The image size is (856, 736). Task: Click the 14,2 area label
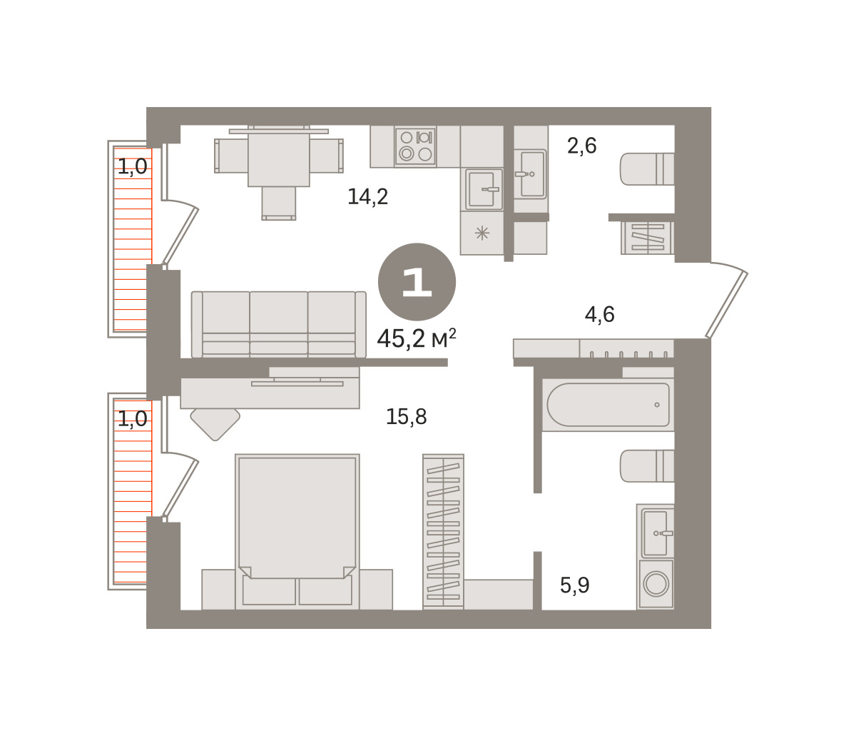368,197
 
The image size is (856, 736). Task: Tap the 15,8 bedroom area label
407,416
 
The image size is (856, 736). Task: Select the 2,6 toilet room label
582,146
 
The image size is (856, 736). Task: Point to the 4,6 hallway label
600,315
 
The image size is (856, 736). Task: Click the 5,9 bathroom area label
575,585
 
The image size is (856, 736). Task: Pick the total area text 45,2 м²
417,338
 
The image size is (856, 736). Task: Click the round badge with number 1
417,282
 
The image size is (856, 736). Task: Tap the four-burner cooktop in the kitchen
415,146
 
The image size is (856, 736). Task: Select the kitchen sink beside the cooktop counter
484,189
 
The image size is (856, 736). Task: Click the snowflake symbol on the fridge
482,233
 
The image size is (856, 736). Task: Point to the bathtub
608,405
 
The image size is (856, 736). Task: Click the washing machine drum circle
656,584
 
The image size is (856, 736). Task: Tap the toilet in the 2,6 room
647,168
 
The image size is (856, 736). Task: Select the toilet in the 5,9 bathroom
647,466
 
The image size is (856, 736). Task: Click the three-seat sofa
279,325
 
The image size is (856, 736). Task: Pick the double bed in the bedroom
297,532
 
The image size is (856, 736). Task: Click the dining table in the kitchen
279,159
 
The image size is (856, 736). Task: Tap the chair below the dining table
279,203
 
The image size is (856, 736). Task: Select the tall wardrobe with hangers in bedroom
443,532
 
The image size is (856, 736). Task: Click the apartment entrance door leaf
727,305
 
